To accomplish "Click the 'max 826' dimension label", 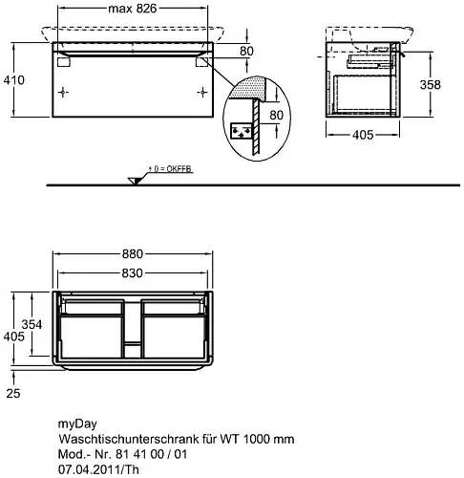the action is point(133,9).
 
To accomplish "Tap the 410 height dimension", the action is point(14,80).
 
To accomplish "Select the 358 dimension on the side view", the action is point(431,84).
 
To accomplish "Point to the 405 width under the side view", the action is point(363,135).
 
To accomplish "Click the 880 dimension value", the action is point(133,254).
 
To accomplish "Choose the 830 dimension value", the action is point(133,273).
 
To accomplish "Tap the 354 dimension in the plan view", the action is point(32,324).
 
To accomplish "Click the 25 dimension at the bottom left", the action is point(13,393).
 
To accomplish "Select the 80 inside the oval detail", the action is point(276,115).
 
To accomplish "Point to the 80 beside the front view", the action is point(246,51).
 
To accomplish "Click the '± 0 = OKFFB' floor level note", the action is point(170,169).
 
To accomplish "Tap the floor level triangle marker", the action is point(134,181).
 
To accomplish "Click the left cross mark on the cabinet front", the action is point(63,93).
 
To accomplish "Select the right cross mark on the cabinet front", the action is point(202,93).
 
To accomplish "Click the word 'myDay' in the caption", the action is point(77,424).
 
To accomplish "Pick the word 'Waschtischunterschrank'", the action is point(129,439).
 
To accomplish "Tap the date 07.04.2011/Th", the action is point(98,469).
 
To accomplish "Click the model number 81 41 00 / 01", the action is point(152,454).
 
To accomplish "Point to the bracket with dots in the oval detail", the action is point(241,131).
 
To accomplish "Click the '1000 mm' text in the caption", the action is point(269,439).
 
